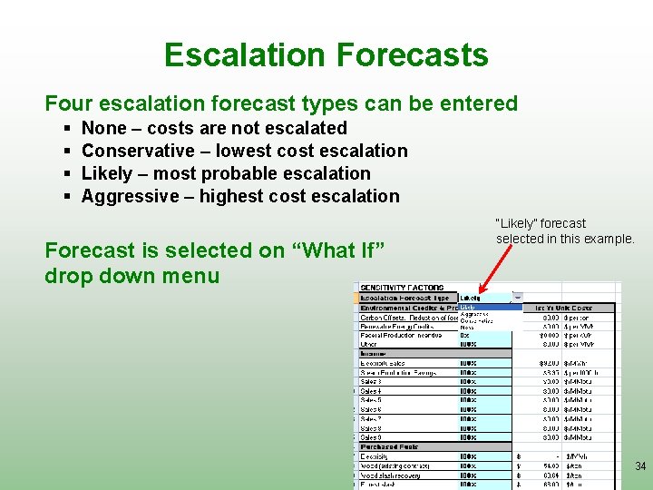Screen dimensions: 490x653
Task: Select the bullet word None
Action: click(x=104, y=128)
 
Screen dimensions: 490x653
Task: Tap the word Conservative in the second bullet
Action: click(x=138, y=151)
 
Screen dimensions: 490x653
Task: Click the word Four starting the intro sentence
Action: click(x=67, y=103)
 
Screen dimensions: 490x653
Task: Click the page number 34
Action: click(x=640, y=466)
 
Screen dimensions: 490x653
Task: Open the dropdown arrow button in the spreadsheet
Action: click(x=517, y=297)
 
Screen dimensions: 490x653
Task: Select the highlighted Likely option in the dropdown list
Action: click(x=469, y=307)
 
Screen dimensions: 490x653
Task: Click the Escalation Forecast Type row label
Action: click(x=404, y=298)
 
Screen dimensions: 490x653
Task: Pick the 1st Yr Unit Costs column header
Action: click(x=563, y=308)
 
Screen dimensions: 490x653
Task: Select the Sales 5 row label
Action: click(x=371, y=400)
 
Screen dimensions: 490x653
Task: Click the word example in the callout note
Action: click(x=604, y=239)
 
